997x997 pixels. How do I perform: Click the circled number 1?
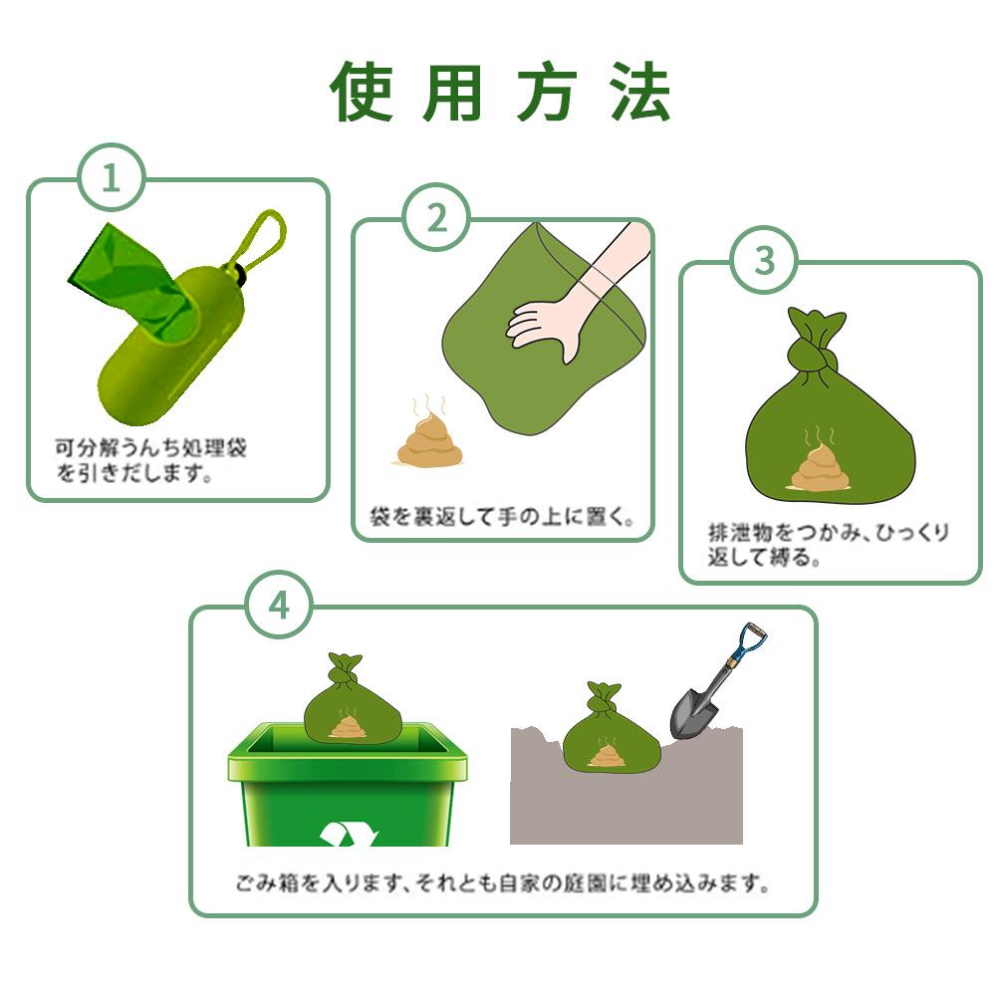point(112,177)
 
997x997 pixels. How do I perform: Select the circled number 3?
point(764,259)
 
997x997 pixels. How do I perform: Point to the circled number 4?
point(279,605)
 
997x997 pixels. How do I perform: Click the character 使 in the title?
point(361,92)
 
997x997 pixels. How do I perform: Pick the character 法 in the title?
point(640,92)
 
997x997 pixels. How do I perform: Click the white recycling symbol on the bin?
point(349,834)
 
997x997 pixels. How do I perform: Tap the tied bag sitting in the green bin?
point(353,698)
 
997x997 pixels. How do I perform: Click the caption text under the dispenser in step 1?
point(150,460)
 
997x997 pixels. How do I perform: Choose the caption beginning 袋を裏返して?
point(502,516)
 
